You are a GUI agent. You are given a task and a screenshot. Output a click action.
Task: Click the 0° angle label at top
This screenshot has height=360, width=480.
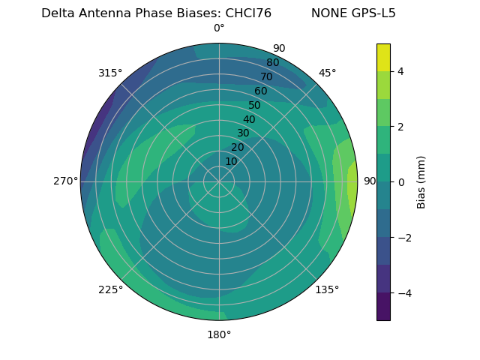pyautogui.click(x=219, y=28)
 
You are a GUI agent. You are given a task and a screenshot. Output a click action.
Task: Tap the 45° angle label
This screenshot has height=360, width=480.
pyautogui.click(x=327, y=73)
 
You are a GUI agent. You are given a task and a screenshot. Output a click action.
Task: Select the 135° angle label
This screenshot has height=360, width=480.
pyautogui.click(x=327, y=289)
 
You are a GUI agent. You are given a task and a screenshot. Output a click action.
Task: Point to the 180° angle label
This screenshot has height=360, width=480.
pyautogui.click(x=219, y=334)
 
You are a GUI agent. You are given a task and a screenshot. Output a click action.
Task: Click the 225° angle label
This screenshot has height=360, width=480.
pyautogui.click(x=110, y=289)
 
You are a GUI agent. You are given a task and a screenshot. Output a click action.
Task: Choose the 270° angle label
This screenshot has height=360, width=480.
pyautogui.click(x=66, y=181)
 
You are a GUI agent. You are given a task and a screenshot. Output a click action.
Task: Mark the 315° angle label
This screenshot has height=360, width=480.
pyautogui.click(x=110, y=73)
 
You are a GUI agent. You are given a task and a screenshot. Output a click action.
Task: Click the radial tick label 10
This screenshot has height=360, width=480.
pyautogui.click(x=231, y=161)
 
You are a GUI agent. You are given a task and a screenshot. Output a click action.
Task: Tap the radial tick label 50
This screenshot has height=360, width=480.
pyautogui.click(x=254, y=106)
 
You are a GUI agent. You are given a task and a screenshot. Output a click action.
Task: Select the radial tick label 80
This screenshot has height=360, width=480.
pyautogui.click(x=272, y=63)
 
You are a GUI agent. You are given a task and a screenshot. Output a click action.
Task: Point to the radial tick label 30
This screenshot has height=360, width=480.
pyautogui.click(x=243, y=133)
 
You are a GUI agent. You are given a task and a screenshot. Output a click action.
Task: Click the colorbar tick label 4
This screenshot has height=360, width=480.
pyautogui.click(x=400, y=71)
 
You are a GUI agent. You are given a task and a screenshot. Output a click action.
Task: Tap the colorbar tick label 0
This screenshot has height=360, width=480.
pyautogui.click(x=400, y=182)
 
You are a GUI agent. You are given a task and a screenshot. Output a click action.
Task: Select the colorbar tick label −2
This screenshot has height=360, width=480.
pyautogui.click(x=403, y=238)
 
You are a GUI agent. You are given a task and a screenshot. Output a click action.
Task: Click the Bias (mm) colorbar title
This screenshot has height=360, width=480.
pyautogui.click(x=421, y=182)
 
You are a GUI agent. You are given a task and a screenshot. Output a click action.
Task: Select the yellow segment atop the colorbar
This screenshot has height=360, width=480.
pyautogui.click(x=383, y=57)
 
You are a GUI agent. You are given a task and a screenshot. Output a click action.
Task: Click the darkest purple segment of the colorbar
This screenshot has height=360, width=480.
pyautogui.click(x=383, y=307)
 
